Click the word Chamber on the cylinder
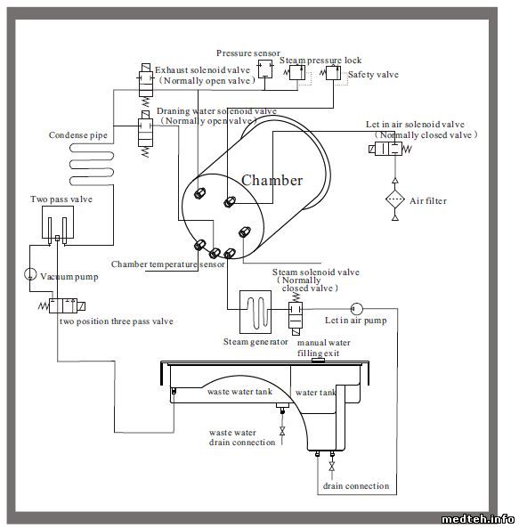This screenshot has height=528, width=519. click(272, 180)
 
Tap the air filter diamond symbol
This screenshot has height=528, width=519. click(394, 199)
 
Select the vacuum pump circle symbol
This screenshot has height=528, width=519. click(30, 274)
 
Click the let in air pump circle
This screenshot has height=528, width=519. click(356, 308)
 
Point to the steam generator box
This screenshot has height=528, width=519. click(255, 312)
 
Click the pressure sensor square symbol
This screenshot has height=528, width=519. click(265, 69)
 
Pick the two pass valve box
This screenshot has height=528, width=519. click(58, 223)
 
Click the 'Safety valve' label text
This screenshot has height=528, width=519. click(373, 75)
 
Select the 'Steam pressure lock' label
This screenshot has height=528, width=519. click(320, 61)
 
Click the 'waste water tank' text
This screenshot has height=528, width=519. click(239, 392)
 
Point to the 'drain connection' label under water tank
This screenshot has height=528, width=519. click(356, 486)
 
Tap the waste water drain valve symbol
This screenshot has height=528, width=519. click(282, 431)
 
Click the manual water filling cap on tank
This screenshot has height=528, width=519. click(318, 361)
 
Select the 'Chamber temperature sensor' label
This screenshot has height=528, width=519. click(168, 264)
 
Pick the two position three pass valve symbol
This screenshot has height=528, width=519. click(62, 305)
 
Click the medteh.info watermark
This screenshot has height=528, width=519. click(477, 519)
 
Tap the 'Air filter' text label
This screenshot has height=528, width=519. click(428, 201)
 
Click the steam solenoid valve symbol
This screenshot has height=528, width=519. click(296, 313)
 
